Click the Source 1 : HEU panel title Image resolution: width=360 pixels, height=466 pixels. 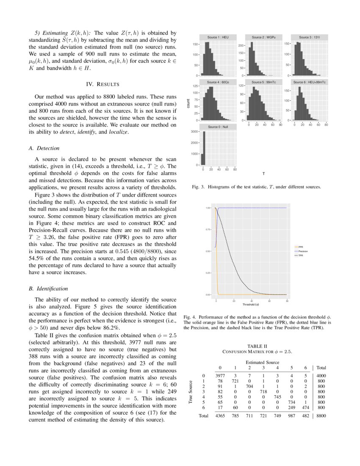tap(218, 37)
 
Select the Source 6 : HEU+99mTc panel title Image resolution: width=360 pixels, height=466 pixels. tap(310, 82)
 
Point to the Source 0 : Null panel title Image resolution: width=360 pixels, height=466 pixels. tap(218, 127)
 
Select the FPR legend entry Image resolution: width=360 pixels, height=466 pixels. tap(300, 247)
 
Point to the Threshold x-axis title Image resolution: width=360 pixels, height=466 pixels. tap(251, 305)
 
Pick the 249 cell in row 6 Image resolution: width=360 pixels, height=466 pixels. tap(291, 407)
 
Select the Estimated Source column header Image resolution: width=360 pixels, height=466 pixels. tap(262, 362)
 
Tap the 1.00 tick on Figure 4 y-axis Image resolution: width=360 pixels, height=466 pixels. tap(208, 208)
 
